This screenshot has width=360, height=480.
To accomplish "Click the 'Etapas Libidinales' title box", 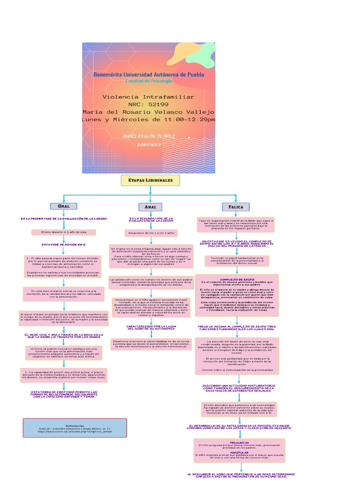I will click(x=150, y=180).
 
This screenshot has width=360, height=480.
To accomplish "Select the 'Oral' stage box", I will click(x=63, y=206).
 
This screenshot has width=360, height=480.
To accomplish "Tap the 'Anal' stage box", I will click(x=150, y=207).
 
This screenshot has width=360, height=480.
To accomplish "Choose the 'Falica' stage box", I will click(x=236, y=207).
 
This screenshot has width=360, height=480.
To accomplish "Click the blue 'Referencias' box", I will click(x=75, y=427).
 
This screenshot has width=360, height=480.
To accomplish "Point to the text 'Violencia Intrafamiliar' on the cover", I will click(x=148, y=97).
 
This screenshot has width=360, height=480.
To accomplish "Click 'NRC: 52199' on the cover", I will click(x=148, y=104).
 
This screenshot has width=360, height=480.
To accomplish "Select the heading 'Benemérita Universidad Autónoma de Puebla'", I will click(x=149, y=74).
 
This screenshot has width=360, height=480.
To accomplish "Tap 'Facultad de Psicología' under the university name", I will click(x=149, y=81).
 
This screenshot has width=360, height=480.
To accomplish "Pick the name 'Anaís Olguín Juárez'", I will click(x=149, y=136).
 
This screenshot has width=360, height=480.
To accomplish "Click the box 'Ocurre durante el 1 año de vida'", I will click(x=64, y=232).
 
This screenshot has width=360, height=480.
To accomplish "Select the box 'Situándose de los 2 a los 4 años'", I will click(x=151, y=232).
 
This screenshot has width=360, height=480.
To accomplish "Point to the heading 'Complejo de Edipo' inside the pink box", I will click(x=237, y=279).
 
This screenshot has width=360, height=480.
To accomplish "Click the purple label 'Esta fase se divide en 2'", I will click(x=64, y=245).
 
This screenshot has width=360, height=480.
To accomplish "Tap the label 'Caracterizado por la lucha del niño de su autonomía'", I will click(x=151, y=327).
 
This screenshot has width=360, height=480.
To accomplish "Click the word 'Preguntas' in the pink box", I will click(x=240, y=442).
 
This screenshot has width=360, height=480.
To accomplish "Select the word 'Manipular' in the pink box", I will click(x=240, y=452).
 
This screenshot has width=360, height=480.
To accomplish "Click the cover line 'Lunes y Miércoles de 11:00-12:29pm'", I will click(x=149, y=120).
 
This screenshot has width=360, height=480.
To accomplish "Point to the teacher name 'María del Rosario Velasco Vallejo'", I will click(x=149, y=112).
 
